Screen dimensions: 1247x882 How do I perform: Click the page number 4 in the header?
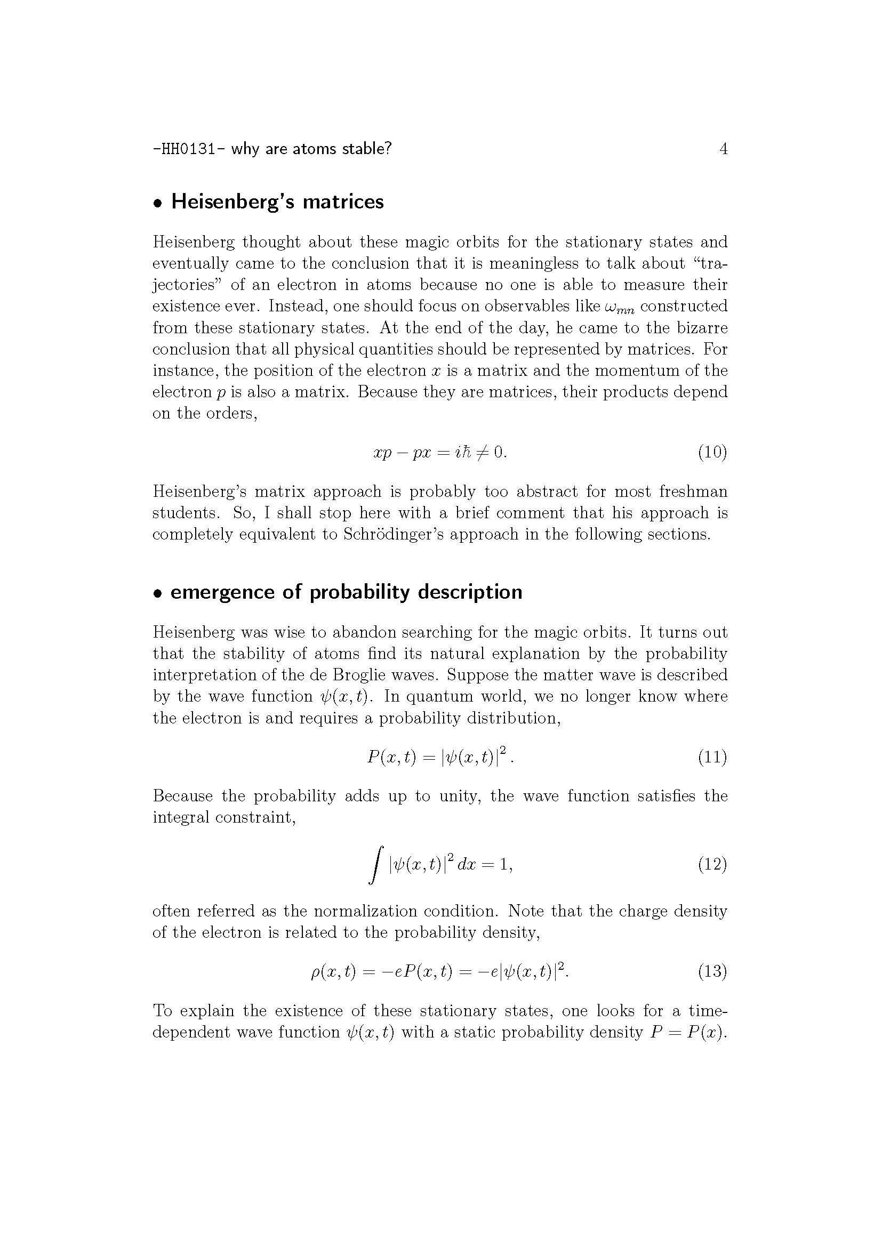coord(723,149)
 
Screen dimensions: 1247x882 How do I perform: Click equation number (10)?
coord(712,452)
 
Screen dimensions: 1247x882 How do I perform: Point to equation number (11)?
coord(712,757)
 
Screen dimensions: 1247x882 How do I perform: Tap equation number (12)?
coord(712,864)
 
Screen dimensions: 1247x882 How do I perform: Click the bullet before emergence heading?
coord(158,593)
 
